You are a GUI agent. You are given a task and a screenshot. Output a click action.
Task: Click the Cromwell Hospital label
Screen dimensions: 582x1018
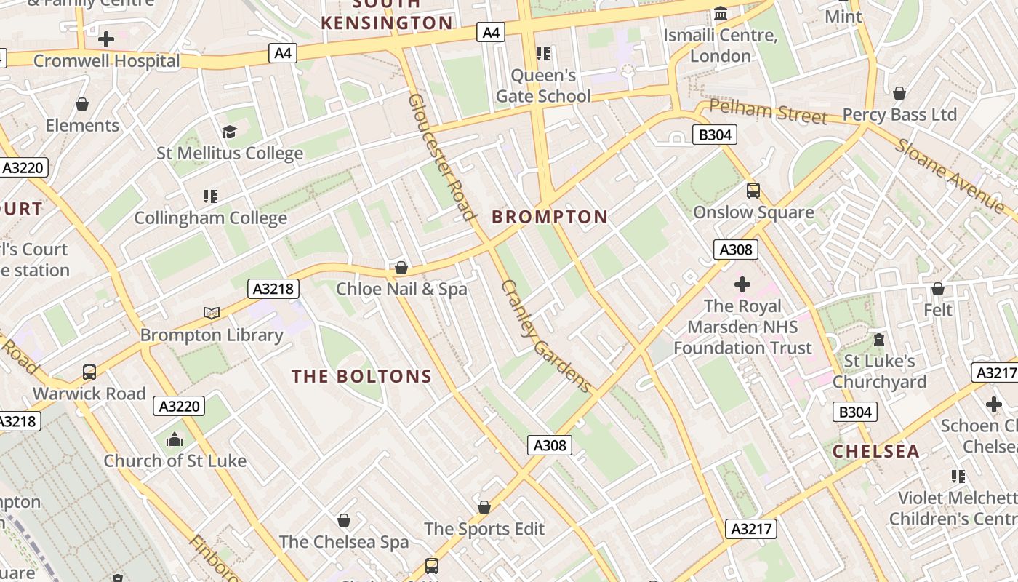tap(106, 61)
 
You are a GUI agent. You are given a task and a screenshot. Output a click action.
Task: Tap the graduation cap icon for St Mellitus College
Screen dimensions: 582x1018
tap(230, 132)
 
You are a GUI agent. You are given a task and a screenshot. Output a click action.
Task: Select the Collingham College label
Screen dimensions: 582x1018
tap(211, 218)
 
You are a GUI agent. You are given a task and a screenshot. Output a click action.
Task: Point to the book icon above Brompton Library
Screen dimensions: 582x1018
tap(212, 313)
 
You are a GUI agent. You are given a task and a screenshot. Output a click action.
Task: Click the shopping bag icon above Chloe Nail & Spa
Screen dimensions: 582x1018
tap(401, 268)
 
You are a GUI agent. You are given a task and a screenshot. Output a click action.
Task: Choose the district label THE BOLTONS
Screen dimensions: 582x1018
tap(362, 376)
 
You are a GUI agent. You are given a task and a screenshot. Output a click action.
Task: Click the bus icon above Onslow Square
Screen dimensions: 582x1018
tap(753, 191)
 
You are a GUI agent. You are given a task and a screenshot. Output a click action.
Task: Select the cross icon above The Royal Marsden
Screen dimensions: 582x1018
tap(742, 284)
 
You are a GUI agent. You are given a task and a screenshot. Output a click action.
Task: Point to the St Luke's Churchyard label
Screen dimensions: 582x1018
tap(879, 371)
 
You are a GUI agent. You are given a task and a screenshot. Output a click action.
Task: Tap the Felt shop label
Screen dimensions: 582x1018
tap(938, 310)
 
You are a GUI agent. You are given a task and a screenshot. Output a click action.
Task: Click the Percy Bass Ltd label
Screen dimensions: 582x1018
tap(899, 115)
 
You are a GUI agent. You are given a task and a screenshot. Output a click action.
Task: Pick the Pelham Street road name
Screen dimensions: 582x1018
tap(768, 113)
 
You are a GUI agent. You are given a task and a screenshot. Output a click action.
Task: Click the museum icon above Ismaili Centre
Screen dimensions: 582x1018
tap(721, 14)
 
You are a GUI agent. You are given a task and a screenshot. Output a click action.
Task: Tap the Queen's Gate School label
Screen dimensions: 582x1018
tap(543, 86)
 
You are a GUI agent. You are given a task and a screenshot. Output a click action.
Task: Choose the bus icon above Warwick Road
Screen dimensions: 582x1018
tap(89, 372)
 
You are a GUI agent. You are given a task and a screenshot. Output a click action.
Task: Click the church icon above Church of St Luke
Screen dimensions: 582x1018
tap(175, 439)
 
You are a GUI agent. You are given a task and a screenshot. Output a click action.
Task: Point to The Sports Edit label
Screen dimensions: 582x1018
tap(484, 529)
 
